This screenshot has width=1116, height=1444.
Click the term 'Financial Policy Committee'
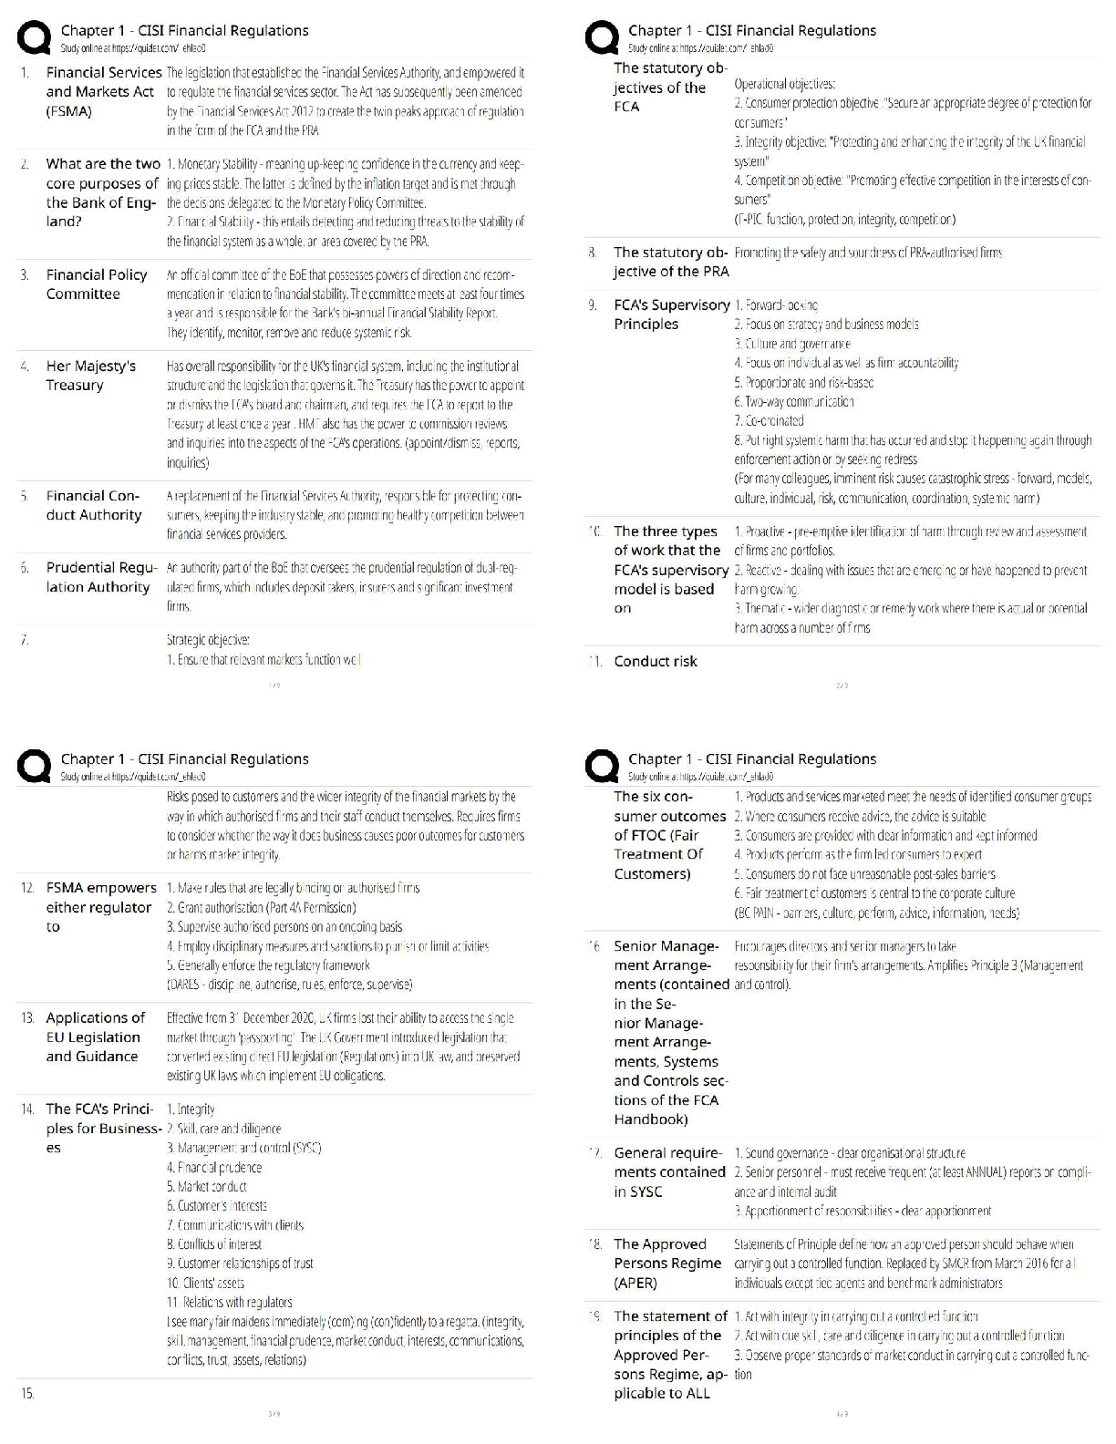tap(83, 284)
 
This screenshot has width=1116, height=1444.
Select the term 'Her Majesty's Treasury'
tap(90, 376)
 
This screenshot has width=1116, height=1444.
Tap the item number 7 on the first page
tap(25, 640)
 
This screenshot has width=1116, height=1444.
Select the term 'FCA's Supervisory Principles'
tap(671, 315)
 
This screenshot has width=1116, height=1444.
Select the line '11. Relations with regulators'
tap(230, 1303)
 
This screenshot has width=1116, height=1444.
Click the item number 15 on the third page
tap(27, 1394)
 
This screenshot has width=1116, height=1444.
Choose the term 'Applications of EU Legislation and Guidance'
tap(95, 1037)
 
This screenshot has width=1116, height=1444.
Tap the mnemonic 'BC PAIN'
tap(758, 913)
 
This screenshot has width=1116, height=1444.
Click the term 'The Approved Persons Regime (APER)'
tap(666, 1263)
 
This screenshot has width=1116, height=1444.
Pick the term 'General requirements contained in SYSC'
tap(669, 1172)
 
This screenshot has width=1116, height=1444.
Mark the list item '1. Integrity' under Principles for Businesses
tap(191, 1109)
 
